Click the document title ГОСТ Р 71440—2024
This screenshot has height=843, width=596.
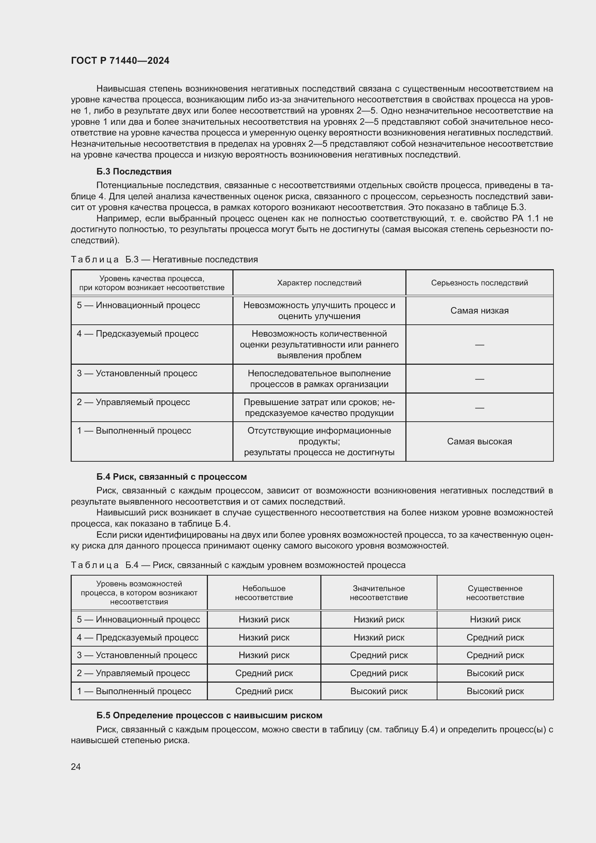coord(120,61)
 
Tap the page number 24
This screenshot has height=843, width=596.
coord(76,766)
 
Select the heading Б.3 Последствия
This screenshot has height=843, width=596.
coord(134,172)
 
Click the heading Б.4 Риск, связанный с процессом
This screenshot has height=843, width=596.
coord(172,476)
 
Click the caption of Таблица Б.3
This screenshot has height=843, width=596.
coord(164,259)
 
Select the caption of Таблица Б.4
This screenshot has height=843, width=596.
coord(238,565)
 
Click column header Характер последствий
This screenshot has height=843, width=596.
coord(319,283)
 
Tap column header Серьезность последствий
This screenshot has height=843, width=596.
coord(479,283)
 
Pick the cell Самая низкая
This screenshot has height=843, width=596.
coord(479,311)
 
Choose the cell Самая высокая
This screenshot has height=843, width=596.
coord(479,442)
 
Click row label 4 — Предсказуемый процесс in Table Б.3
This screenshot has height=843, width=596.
coord(138,334)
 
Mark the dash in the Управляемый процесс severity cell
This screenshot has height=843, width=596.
coord(479,408)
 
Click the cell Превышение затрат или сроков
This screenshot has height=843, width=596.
coord(319,408)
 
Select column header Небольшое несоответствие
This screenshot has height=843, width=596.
coord(264,593)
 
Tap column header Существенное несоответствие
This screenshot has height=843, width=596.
coord(495,593)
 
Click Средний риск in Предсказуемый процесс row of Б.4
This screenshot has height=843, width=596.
coord(495,638)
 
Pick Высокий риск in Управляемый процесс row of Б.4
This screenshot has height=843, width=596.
coord(495,673)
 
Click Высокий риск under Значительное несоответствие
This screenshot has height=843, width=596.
coord(379,691)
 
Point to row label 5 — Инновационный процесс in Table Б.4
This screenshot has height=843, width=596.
coord(138,620)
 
